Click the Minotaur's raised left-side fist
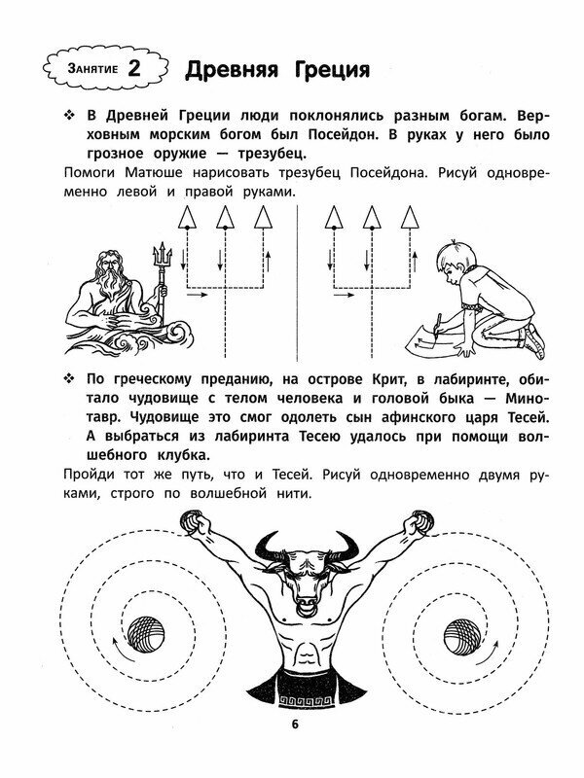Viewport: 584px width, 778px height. click(x=195, y=526)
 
